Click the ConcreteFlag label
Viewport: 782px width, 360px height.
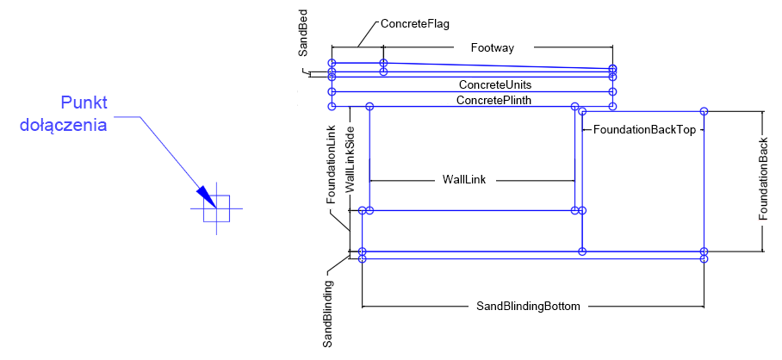click(415, 25)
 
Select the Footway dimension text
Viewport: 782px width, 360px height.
click(492, 48)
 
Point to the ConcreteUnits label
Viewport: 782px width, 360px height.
click(494, 85)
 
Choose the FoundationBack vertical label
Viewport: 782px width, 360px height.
click(763, 179)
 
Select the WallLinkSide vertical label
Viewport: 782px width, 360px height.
click(350, 158)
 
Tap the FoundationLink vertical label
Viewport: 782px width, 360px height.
click(331, 164)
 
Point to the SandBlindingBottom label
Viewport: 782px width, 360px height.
click(529, 306)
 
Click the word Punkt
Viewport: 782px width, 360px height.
click(84, 103)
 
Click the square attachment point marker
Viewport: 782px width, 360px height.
click(216, 208)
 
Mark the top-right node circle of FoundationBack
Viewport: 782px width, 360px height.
click(704, 111)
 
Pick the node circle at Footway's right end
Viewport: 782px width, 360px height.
click(612, 67)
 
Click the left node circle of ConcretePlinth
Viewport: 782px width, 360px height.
click(332, 106)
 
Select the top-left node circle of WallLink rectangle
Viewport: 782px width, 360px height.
click(369, 106)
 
